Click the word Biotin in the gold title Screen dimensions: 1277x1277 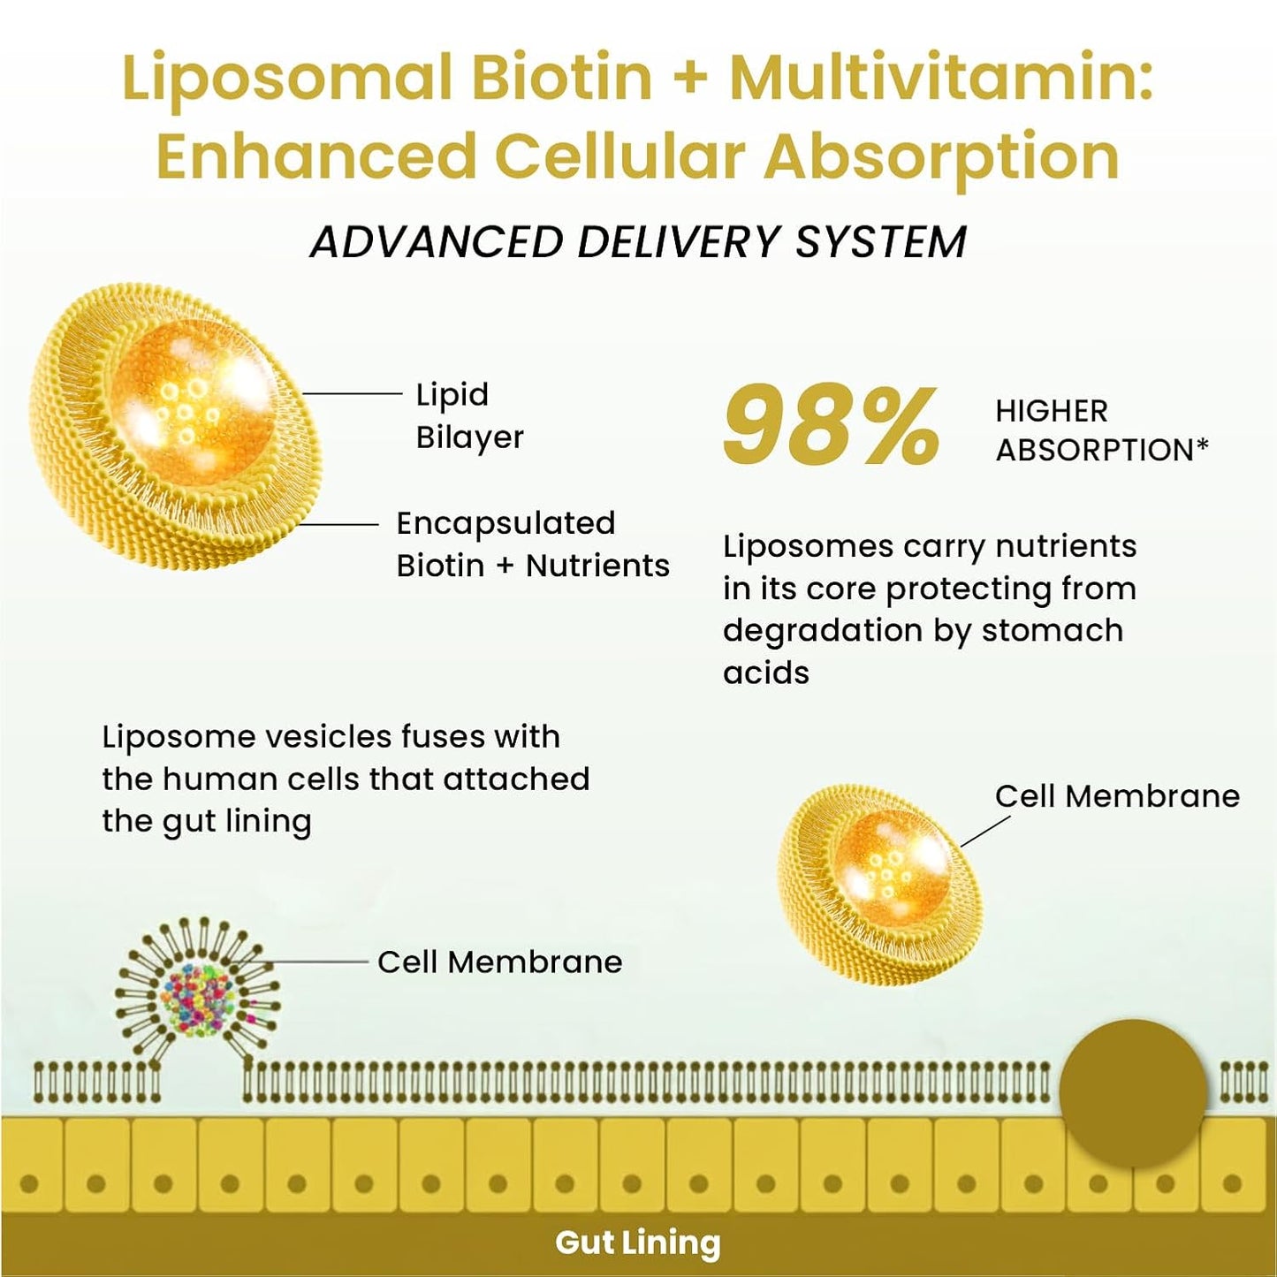(562, 77)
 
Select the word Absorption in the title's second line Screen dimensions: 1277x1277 (942, 156)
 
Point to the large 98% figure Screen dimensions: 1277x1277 (831, 427)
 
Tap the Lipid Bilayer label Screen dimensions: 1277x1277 (469, 415)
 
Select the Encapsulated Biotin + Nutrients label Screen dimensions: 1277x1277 (532, 543)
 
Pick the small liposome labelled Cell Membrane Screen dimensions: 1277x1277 (879, 885)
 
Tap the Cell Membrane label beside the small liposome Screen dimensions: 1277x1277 (1117, 796)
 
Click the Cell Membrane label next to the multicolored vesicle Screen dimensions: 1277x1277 (499, 962)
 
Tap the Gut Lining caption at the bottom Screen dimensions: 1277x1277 (637, 1243)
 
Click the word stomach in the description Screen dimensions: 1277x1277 (1052, 631)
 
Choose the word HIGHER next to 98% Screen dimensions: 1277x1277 (1051, 411)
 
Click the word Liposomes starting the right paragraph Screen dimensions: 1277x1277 (807, 546)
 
